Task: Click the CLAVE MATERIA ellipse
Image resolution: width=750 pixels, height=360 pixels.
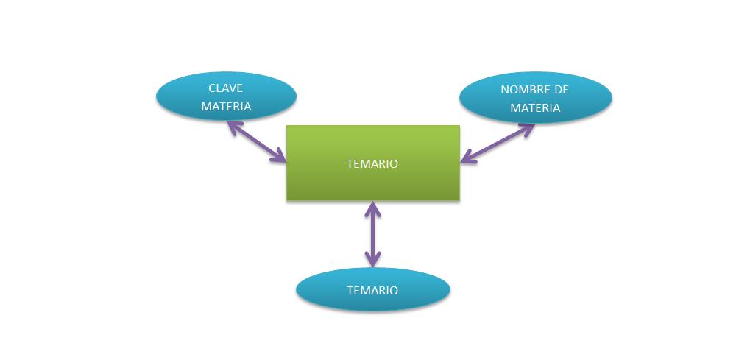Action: click(x=226, y=96)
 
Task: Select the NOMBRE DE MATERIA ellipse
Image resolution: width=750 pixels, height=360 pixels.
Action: click(x=535, y=98)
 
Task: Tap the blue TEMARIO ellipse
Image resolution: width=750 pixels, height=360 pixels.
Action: click(x=372, y=289)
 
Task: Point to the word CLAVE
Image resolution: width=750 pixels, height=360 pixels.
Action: click(x=227, y=88)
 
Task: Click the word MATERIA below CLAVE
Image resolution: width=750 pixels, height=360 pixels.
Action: click(x=227, y=106)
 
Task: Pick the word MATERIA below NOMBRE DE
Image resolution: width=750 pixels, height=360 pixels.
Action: click(x=535, y=107)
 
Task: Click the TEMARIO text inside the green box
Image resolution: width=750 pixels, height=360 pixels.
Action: click(x=372, y=163)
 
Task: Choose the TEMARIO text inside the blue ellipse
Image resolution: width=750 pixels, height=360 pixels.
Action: click(x=372, y=290)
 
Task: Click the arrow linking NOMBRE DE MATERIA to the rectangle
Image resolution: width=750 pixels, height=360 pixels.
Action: click(x=498, y=142)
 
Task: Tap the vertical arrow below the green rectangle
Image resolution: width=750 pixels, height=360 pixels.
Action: click(x=373, y=234)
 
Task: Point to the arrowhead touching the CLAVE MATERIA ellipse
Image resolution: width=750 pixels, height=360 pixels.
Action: click(x=233, y=126)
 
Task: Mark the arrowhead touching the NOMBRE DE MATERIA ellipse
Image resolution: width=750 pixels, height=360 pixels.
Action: click(x=528, y=128)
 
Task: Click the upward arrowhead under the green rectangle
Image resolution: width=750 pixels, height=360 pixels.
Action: click(x=373, y=208)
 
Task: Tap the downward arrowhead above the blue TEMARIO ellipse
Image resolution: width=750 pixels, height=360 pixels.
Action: click(x=373, y=260)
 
